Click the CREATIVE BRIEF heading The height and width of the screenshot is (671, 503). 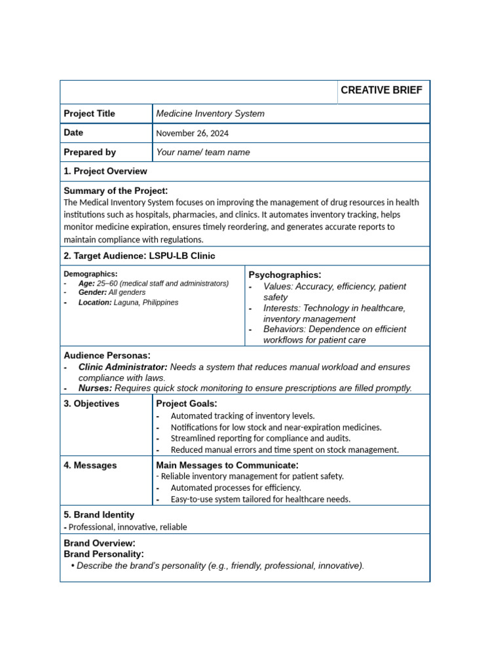[x=382, y=90]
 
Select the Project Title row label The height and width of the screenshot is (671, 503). [x=89, y=113]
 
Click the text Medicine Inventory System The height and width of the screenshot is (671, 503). [x=210, y=113]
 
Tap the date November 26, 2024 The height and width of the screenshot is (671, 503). [x=193, y=133]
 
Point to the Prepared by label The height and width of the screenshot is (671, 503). [x=90, y=152]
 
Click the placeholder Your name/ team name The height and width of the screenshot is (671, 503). [x=203, y=152]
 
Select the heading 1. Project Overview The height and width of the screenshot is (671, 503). [x=105, y=171]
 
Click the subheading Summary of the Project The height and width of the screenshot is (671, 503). [x=115, y=191]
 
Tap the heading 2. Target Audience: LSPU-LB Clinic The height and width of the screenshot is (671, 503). [x=139, y=256]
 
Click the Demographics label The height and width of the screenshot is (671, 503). [x=90, y=274]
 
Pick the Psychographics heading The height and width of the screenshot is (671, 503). [x=285, y=275]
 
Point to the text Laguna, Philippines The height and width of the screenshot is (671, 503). [x=145, y=303]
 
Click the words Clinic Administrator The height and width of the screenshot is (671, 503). [x=122, y=367]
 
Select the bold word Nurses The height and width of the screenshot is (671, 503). [x=95, y=388]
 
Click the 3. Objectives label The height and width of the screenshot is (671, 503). [x=92, y=404]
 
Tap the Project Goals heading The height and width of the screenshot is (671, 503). [x=187, y=404]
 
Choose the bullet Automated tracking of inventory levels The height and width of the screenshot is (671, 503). [x=242, y=415]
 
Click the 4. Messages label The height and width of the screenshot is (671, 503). [x=90, y=465]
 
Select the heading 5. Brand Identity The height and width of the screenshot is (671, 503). [x=99, y=515]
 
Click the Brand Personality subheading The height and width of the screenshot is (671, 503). [x=103, y=554]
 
